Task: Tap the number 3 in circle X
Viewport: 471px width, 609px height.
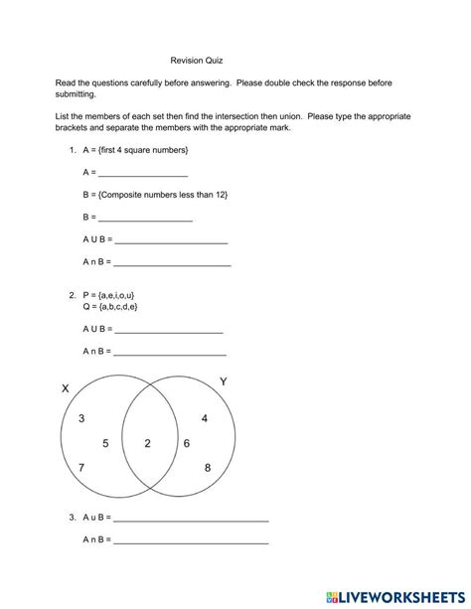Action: point(81,418)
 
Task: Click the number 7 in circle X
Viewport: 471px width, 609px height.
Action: point(81,467)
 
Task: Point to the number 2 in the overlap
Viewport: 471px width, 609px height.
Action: point(148,443)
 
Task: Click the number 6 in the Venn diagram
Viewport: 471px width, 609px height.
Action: point(187,443)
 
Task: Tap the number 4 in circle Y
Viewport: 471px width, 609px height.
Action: point(205,418)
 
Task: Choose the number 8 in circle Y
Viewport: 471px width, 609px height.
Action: point(208,467)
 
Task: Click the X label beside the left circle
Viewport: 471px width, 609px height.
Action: point(66,388)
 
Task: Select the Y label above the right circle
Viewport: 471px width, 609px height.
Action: point(223,381)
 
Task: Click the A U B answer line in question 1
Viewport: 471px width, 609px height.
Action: point(172,240)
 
